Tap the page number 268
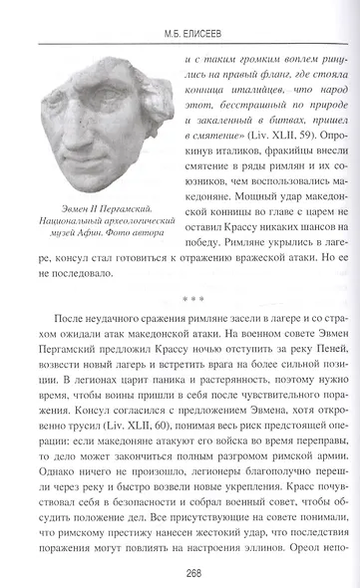180,572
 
